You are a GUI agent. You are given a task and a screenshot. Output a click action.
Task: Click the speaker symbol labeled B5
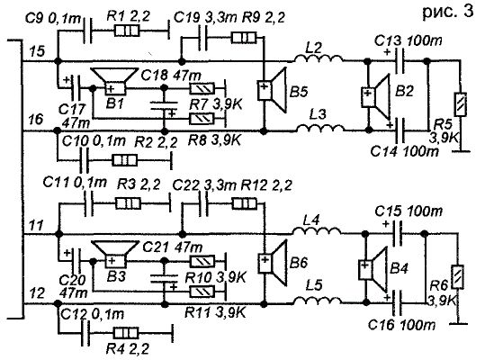[272, 90]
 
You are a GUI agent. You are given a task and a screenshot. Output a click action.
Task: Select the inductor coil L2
[318, 58]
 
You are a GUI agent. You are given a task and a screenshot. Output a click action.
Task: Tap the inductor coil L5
[318, 301]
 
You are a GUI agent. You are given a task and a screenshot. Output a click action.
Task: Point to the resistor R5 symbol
[462, 104]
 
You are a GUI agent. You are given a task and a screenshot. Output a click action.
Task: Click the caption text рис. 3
[447, 12]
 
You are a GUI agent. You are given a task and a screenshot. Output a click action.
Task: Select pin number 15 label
[38, 51]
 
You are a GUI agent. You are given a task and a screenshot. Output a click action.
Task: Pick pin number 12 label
[38, 292]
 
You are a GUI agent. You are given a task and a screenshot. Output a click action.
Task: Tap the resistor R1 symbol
[127, 31]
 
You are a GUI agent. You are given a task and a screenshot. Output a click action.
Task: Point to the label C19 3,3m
[205, 18]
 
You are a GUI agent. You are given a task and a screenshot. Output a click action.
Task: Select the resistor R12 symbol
[245, 203]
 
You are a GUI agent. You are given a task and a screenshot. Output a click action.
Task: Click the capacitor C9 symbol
[88, 31]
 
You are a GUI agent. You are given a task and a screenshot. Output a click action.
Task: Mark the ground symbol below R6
[458, 324]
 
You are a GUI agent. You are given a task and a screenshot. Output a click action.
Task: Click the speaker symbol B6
[272, 262]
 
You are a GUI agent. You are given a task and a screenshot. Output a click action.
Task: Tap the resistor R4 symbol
[126, 333]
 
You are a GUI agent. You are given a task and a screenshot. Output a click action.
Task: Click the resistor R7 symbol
[202, 89]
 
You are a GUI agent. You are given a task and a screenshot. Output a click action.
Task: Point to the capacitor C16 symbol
[397, 302]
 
